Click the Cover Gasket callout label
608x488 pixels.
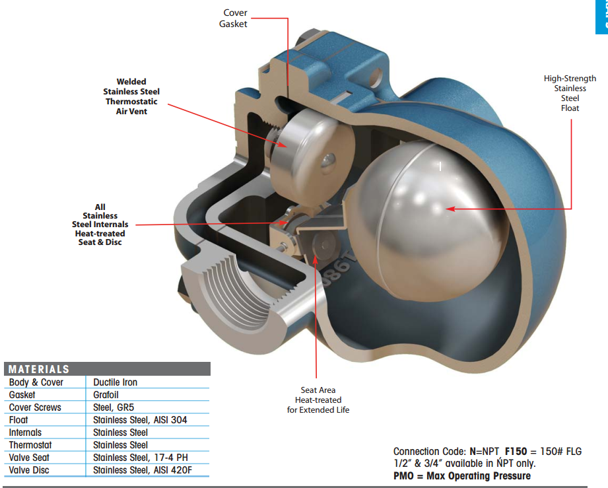click(x=235, y=18)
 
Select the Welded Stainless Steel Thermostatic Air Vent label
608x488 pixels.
click(x=131, y=96)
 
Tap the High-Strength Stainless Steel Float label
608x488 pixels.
click(x=570, y=93)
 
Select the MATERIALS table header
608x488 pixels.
click(x=39, y=369)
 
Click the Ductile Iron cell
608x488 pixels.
click(x=116, y=382)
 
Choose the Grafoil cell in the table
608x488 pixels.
click(x=106, y=395)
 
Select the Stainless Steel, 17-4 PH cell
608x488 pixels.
click(x=141, y=458)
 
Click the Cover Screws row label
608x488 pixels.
click(x=35, y=407)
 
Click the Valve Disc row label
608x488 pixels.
click(x=29, y=470)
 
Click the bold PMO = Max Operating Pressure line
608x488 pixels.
click(x=462, y=475)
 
